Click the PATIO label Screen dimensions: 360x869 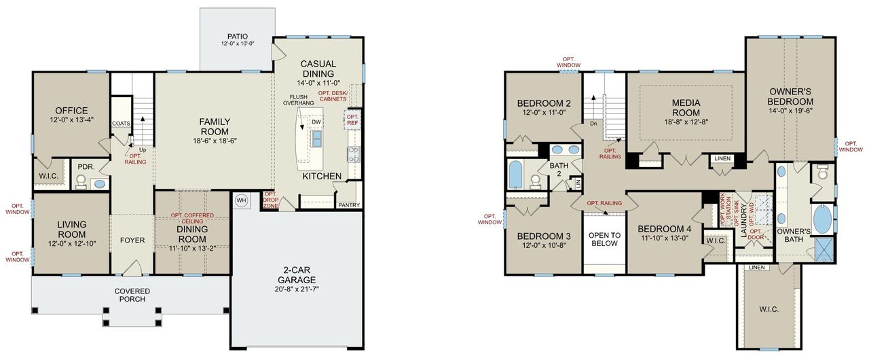point(237,36)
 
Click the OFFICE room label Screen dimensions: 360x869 point(71,111)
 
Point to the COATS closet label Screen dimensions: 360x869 point(121,124)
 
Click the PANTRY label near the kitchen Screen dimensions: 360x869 point(348,204)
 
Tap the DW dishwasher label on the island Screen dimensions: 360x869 point(316,122)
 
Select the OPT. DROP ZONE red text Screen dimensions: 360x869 point(271,200)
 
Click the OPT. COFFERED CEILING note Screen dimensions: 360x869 point(192,219)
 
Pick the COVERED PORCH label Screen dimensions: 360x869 point(132,295)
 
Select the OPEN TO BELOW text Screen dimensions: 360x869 point(605,239)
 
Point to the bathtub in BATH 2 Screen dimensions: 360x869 point(516,175)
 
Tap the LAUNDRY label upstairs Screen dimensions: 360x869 point(744,221)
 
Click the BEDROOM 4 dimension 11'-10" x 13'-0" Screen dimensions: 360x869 point(664,238)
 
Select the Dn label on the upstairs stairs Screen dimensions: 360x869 point(593,123)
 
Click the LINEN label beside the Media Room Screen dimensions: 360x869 point(721,158)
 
